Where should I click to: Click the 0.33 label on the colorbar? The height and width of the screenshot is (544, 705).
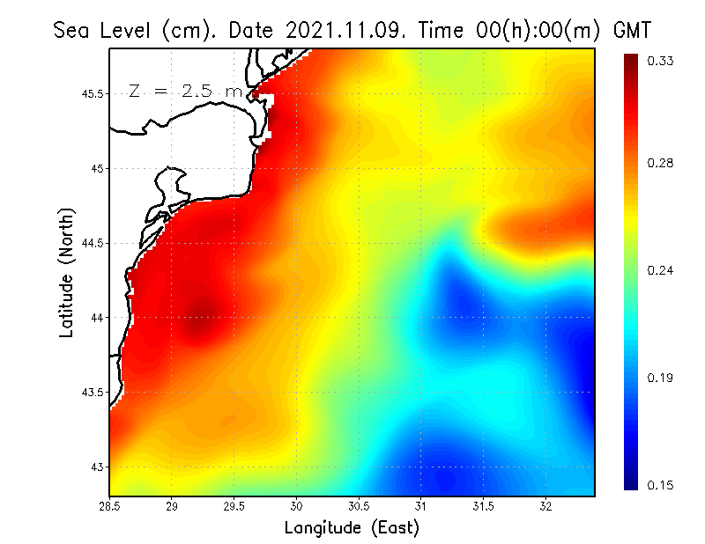(662, 61)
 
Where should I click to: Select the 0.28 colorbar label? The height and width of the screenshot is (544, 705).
(662, 164)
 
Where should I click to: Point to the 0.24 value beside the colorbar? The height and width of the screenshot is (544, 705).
(662, 271)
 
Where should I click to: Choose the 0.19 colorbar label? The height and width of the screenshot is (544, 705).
(662, 379)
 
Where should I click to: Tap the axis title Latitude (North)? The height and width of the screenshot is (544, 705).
(66, 272)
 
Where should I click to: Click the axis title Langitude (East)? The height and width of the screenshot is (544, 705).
(352, 528)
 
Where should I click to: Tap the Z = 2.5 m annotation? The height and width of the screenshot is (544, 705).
(185, 91)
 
